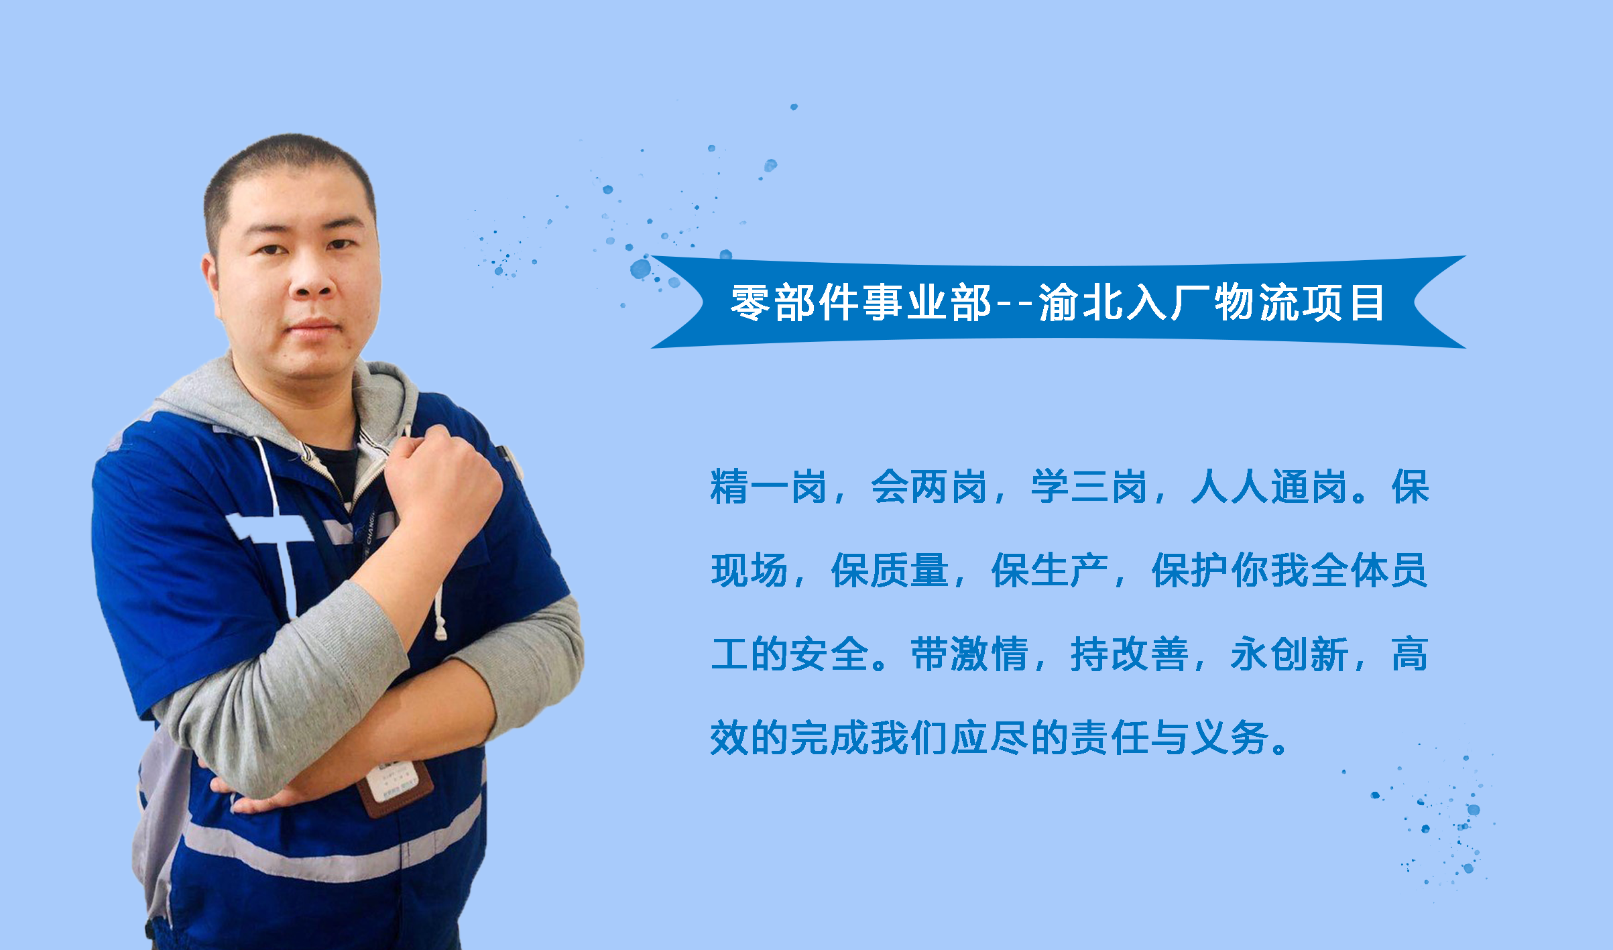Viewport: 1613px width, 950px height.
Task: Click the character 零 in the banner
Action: pos(750,302)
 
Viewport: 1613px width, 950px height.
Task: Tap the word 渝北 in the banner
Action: pos(1081,302)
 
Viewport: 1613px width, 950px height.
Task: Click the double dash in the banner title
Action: pos(1015,304)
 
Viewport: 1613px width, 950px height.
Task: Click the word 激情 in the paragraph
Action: pos(969,654)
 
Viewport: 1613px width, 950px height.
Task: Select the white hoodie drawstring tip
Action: pos(440,630)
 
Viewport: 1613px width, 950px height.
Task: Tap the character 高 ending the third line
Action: pos(1411,654)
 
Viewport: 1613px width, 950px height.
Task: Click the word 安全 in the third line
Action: pos(829,654)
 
